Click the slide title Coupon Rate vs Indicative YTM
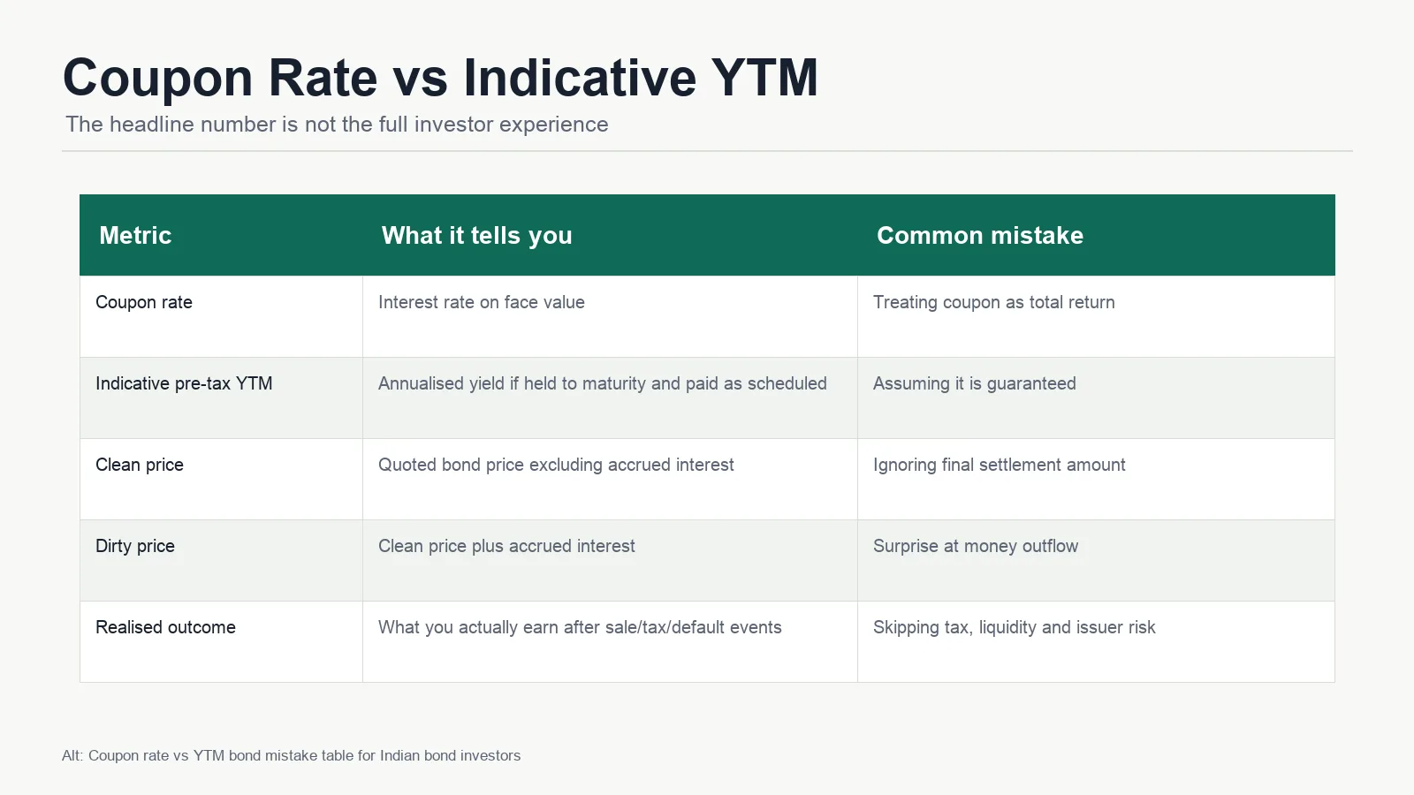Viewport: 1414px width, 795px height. click(x=441, y=78)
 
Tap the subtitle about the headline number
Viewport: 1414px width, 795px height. click(x=337, y=125)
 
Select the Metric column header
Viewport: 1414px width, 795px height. click(x=135, y=235)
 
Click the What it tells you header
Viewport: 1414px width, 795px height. click(x=476, y=235)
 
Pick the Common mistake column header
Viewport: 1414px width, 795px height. click(x=980, y=235)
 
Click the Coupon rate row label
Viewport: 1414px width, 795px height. click(x=144, y=302)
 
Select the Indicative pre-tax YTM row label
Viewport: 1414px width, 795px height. click(x=184, y=383)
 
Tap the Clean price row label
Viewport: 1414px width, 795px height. click(x=140, y=465)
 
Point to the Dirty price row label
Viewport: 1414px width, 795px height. click(x=135, y=547)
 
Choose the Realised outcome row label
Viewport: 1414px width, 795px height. click(x=165, y=627)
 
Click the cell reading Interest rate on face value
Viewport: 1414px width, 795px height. click(x=481, y=302)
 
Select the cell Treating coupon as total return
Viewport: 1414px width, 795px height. click(x=993, y=302)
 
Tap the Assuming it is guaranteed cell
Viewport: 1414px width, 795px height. click(x=975, y=383)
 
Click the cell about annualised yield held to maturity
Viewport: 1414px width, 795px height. click(x=602, y=383)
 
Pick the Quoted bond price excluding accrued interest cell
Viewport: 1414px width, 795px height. click(x=556, y=465)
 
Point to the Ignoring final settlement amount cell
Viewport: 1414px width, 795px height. click(x=1000, y=465)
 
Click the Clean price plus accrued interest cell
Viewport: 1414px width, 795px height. click(x=506, y=547)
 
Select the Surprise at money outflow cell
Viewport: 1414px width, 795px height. click(x=976, y=547)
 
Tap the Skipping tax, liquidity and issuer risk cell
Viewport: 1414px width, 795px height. click(x=1014, y=627)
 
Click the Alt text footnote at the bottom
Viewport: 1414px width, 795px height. click(x=291, y=756)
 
